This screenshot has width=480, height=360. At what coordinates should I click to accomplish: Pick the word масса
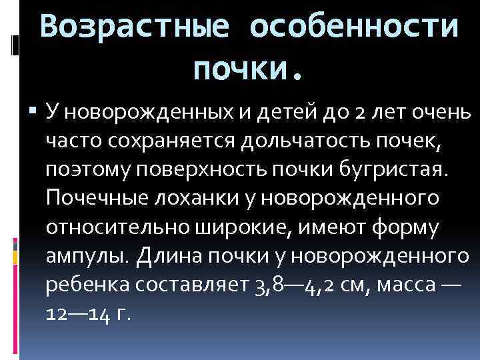408,286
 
